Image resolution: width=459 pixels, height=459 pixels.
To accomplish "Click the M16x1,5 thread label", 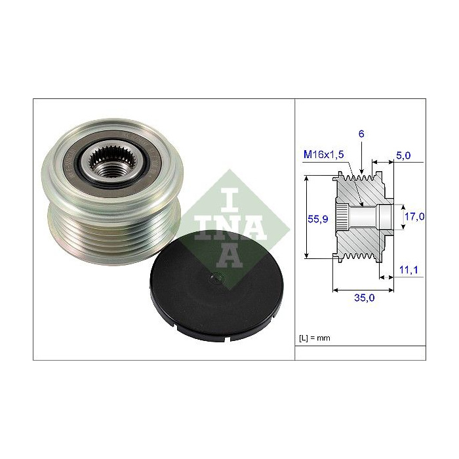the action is coord(323,154).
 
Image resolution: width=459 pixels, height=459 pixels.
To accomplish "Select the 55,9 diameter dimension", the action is coord(317,218).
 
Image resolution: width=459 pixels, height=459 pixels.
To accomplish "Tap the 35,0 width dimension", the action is coord(364,298).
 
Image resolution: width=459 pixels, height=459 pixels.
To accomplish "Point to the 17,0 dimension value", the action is coord(414,216).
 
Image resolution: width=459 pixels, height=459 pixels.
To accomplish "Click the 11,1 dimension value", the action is coord(409,269).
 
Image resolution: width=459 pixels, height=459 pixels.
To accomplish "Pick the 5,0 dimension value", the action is coord(403,155).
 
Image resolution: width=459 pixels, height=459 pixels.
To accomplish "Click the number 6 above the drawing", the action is coord(361,134).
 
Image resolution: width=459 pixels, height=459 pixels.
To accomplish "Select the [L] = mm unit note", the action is coord(314,338).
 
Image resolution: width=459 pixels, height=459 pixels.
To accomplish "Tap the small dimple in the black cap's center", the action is coord(217,277).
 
